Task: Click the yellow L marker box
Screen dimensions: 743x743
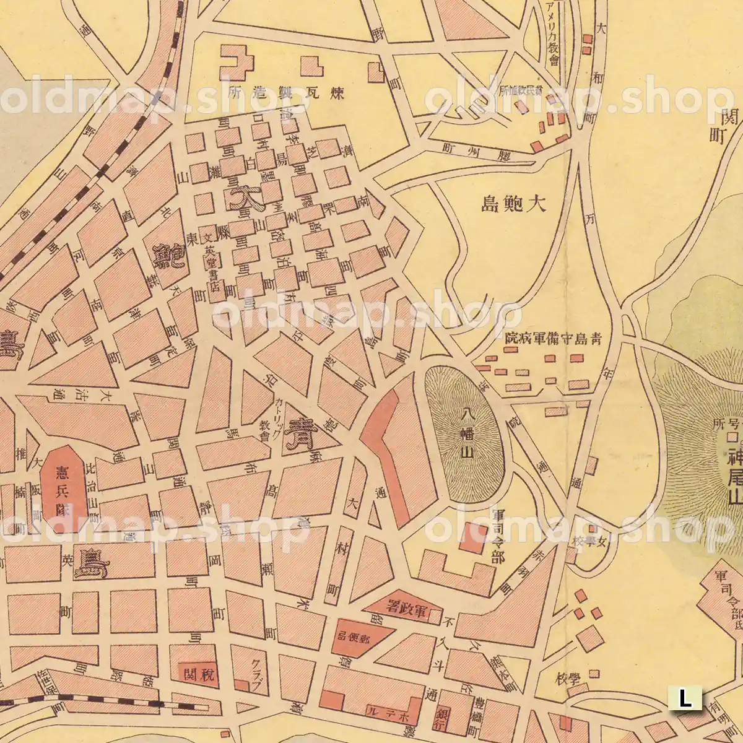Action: tap(685, 699)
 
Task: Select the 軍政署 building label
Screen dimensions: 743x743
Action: tap(407, 608)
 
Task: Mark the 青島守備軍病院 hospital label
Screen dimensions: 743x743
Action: tap(553, 339)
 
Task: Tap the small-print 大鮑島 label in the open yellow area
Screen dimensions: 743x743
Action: tap(514, 204)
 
